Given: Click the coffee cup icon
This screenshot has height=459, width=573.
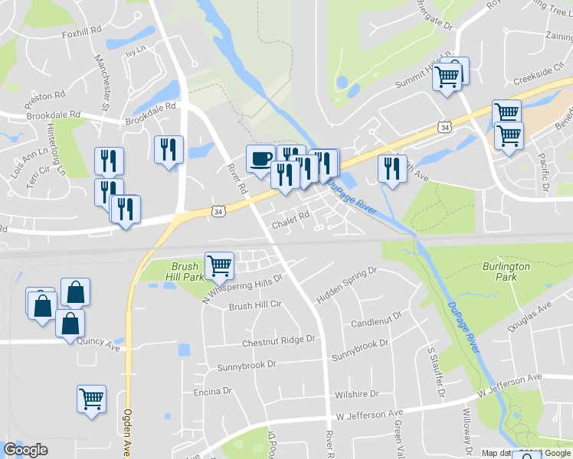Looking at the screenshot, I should click(260, 158).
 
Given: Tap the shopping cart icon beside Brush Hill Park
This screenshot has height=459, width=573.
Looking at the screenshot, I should click(220, 265).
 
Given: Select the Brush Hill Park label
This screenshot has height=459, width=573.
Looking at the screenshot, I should click(182, 272).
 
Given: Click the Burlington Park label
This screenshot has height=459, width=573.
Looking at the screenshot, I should click(506, 272).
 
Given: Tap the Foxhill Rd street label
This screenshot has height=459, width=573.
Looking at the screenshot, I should click(82, 31).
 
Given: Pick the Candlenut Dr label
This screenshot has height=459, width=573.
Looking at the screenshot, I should click(376, 319).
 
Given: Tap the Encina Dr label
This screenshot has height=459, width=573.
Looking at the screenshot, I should click(212, 391).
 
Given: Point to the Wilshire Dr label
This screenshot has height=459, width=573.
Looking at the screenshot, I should click(356, 395).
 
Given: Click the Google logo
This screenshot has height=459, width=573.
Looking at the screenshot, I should click(25, 450).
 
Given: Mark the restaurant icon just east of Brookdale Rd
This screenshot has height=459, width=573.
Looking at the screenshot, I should click(169, 148).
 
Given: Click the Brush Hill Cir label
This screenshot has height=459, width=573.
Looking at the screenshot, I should click(256, 306).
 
